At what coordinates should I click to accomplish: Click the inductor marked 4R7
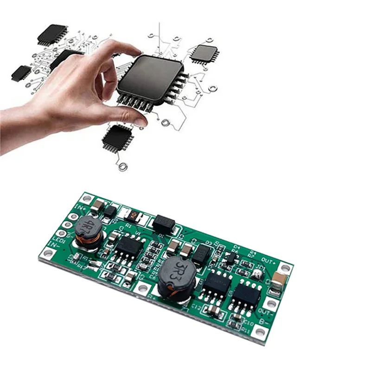point(87,230)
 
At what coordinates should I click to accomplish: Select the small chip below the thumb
point(116,137)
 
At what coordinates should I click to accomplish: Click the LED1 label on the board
point(58,240)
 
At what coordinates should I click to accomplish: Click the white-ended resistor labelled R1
point(133,215)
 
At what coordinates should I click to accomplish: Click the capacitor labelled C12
point(213,310)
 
